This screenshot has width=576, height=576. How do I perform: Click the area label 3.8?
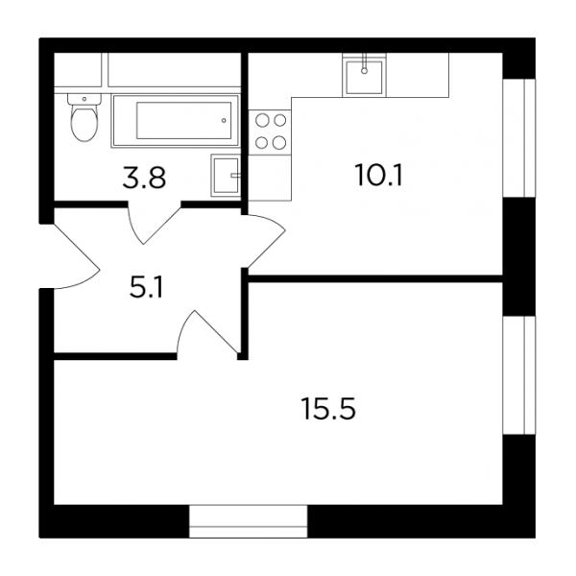click(144, 178)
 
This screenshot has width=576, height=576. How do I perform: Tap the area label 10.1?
click(379, 176)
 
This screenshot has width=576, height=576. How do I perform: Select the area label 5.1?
click(146, 288)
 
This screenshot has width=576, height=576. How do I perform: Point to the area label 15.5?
click(328, 409)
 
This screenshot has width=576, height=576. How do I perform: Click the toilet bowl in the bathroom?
click(84, 123)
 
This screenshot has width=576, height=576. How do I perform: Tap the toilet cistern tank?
click(84, 99)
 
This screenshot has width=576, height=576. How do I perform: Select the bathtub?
click(176, 121)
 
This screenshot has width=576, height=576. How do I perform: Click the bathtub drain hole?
click(224, 121)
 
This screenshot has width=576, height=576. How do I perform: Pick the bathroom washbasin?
click(226, 176)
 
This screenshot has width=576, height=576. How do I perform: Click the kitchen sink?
click(364, 77)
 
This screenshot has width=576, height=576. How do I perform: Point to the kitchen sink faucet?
click(364, 63)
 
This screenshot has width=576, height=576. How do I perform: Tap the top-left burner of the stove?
click(262, 120)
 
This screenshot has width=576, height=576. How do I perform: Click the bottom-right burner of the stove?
click(279, 142)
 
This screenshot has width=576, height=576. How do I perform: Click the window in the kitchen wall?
click(518, 137)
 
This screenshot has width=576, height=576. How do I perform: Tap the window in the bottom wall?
click(248, 521)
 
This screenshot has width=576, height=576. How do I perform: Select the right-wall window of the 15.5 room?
click(518, 374)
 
